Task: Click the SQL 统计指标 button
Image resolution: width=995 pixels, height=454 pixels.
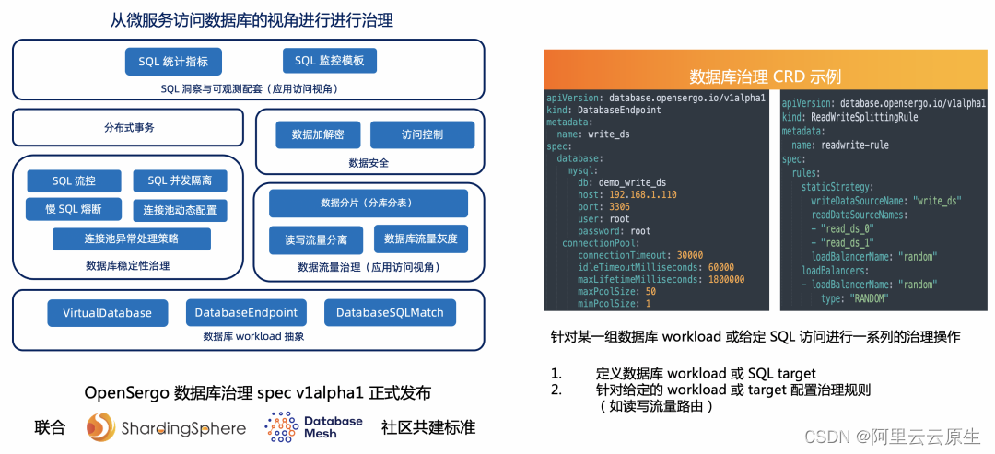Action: coord(173,62)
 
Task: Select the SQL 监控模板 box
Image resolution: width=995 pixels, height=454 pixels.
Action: coord(329,61)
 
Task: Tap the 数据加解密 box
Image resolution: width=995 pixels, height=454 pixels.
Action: coord(318,134)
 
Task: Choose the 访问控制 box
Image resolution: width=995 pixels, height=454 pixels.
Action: coord(422,134)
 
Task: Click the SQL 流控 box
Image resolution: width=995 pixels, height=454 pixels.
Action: coord(74,180)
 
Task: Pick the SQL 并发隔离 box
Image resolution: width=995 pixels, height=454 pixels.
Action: coord(180,180)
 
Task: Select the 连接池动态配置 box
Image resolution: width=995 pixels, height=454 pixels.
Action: coord(180,210)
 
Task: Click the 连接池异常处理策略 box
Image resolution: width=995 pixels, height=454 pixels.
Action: coord(132,239)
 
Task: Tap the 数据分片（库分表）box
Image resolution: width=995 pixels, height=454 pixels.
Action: coord(368,203)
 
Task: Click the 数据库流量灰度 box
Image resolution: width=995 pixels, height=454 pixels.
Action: coord(420,239)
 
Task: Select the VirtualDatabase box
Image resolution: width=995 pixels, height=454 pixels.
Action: coord(107,313)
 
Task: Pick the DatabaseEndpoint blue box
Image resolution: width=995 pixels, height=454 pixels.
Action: coord(246,313)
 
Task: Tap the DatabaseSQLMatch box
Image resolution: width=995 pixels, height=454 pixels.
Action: coord(389,313)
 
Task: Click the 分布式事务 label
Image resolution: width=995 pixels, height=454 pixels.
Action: coord(129,128)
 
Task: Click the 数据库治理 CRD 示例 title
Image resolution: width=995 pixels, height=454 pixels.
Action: coord(765,76)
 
